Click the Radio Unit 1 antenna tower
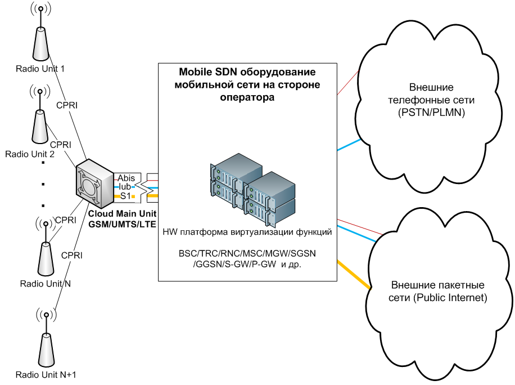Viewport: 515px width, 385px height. click(x=40, y=44)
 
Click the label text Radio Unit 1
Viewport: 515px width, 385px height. click(x=40, y=69)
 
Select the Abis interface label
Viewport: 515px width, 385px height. click(x=126, y=178)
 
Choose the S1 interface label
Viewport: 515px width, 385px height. click(x=125, y=195)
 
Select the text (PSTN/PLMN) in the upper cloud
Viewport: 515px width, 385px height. click(x=431, y=113)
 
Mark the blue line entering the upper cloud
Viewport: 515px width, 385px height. click(x=348, y=145)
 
